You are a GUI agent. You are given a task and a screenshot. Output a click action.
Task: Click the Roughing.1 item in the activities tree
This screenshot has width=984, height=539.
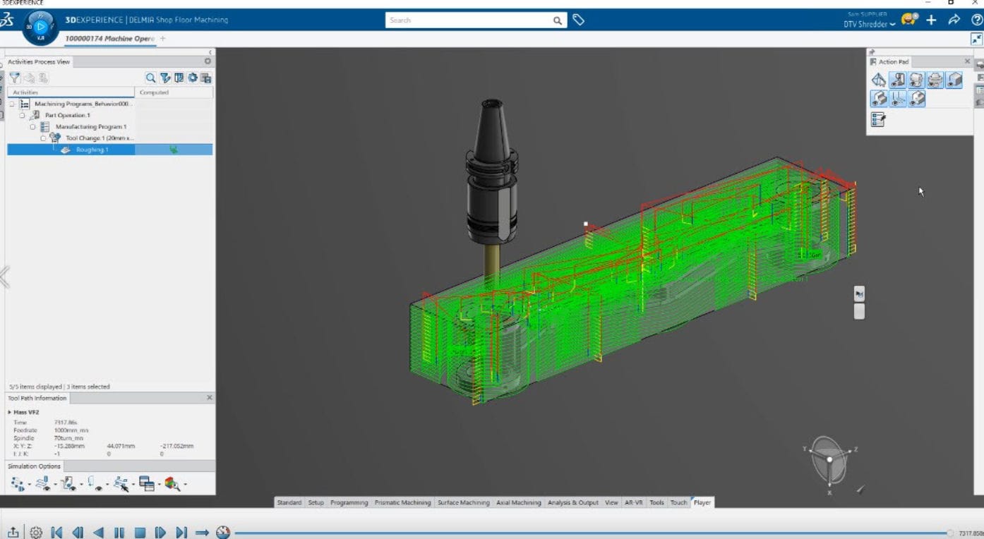(x=92, y=150)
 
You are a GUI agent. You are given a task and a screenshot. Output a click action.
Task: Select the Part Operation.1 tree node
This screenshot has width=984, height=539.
(x=68, y=115)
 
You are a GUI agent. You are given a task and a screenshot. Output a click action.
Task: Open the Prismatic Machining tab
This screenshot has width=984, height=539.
(x=402, y=502)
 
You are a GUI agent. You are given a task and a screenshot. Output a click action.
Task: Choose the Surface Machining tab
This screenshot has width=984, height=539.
(x=463, y=502)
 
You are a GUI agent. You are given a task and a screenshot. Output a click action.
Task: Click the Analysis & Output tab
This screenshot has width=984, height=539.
(x=572, y=502)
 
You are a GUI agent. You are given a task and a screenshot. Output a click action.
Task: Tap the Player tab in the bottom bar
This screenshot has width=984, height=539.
(x=702, y=502)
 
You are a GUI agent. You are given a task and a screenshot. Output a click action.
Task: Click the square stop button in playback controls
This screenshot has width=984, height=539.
(x=140, y=533)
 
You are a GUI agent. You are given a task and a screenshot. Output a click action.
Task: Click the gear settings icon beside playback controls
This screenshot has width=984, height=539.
(x=36, y=533)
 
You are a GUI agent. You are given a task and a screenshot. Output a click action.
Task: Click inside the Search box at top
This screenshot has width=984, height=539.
(x=466, y=20)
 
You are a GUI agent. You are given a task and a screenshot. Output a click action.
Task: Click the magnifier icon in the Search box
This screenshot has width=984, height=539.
(x=558, y=20)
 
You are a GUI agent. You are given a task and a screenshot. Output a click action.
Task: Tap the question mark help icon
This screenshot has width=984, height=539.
(x=977, y=20)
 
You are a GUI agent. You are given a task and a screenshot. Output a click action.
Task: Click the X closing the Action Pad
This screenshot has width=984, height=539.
(x=967, y=61)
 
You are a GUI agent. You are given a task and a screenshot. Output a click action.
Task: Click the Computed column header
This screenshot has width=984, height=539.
(x=154, y=92)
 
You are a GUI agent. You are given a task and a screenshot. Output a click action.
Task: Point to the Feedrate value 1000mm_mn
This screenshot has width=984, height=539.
(x=71, y=430)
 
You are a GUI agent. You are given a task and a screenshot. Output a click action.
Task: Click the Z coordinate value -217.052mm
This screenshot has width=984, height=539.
(x=176, y=446)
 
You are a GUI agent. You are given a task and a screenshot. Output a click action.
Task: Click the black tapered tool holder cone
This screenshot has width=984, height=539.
(x=491, y=131)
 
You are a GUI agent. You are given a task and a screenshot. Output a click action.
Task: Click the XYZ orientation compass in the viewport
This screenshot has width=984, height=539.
(x=829, y=459)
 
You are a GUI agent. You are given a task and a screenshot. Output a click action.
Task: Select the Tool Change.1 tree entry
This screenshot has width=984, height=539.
(x=99, y=138)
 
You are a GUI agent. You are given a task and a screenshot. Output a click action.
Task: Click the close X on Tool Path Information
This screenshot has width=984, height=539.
(x=209, y=398)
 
